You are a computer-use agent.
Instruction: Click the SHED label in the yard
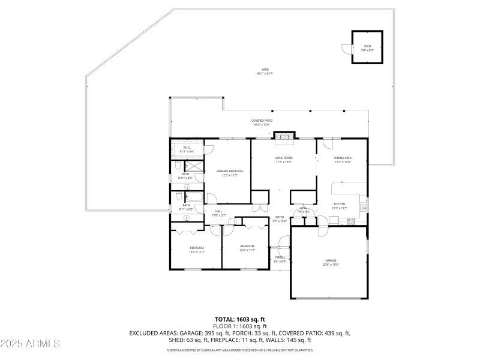point(367,47)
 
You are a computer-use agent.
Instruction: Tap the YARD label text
point(265,70)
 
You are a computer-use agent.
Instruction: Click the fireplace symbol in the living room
point(285,137)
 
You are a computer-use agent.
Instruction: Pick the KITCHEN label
point(340,204)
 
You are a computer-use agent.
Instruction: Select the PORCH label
point(280,259)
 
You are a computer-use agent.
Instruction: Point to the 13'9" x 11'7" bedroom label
point(197,249)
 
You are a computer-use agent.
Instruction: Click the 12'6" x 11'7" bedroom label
point(247,248)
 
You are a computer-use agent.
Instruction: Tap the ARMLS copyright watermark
point(30,344)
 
